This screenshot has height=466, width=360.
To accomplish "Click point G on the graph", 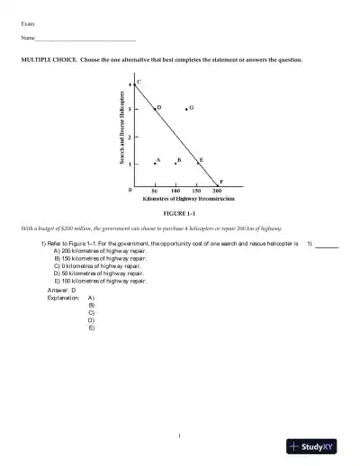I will (186, 109).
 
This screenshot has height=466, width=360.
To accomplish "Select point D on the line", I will (155, 109).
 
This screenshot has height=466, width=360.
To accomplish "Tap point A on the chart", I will (155, 164).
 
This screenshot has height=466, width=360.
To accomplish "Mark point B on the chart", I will (175, 164).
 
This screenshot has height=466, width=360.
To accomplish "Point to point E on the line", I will (197, 163).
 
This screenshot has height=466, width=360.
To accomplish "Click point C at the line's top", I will (134, 83).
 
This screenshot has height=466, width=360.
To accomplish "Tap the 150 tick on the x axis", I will (196, 192).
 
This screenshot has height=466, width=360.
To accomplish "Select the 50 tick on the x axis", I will (155, 192).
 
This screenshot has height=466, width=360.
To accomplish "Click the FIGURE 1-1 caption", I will (175, 215).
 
